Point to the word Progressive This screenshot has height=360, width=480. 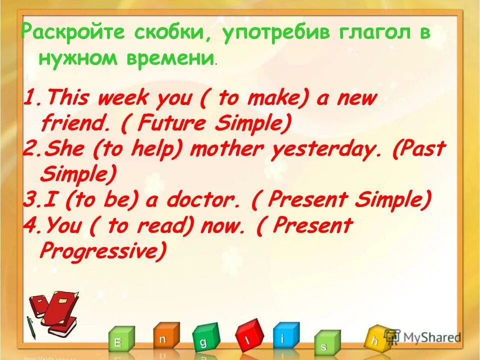coord(102,251)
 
